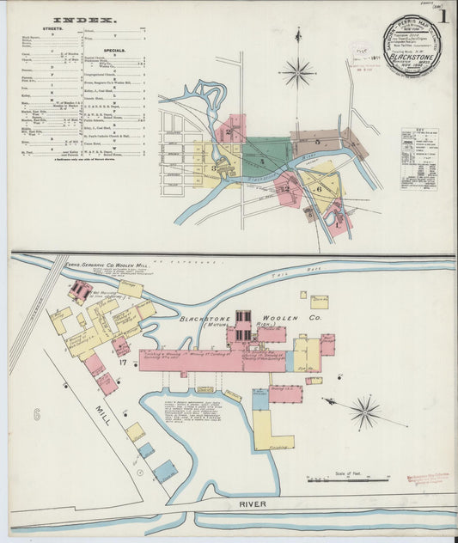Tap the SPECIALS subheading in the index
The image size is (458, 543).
(115, 50)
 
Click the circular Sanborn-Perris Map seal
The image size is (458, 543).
(411, 46)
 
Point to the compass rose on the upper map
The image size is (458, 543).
(299, 72)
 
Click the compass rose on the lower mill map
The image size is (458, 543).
(364, 412)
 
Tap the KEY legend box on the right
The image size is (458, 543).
(419, 159)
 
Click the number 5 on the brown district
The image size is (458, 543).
(316, 141)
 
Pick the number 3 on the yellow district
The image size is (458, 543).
(214, 168)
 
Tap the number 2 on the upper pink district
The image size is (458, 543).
(232, 130)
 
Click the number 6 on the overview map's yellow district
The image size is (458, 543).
(319, 189)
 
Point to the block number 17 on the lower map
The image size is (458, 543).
(124, 363)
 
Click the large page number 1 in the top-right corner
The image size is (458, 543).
(443, 15)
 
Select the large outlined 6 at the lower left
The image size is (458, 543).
(36, 414)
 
